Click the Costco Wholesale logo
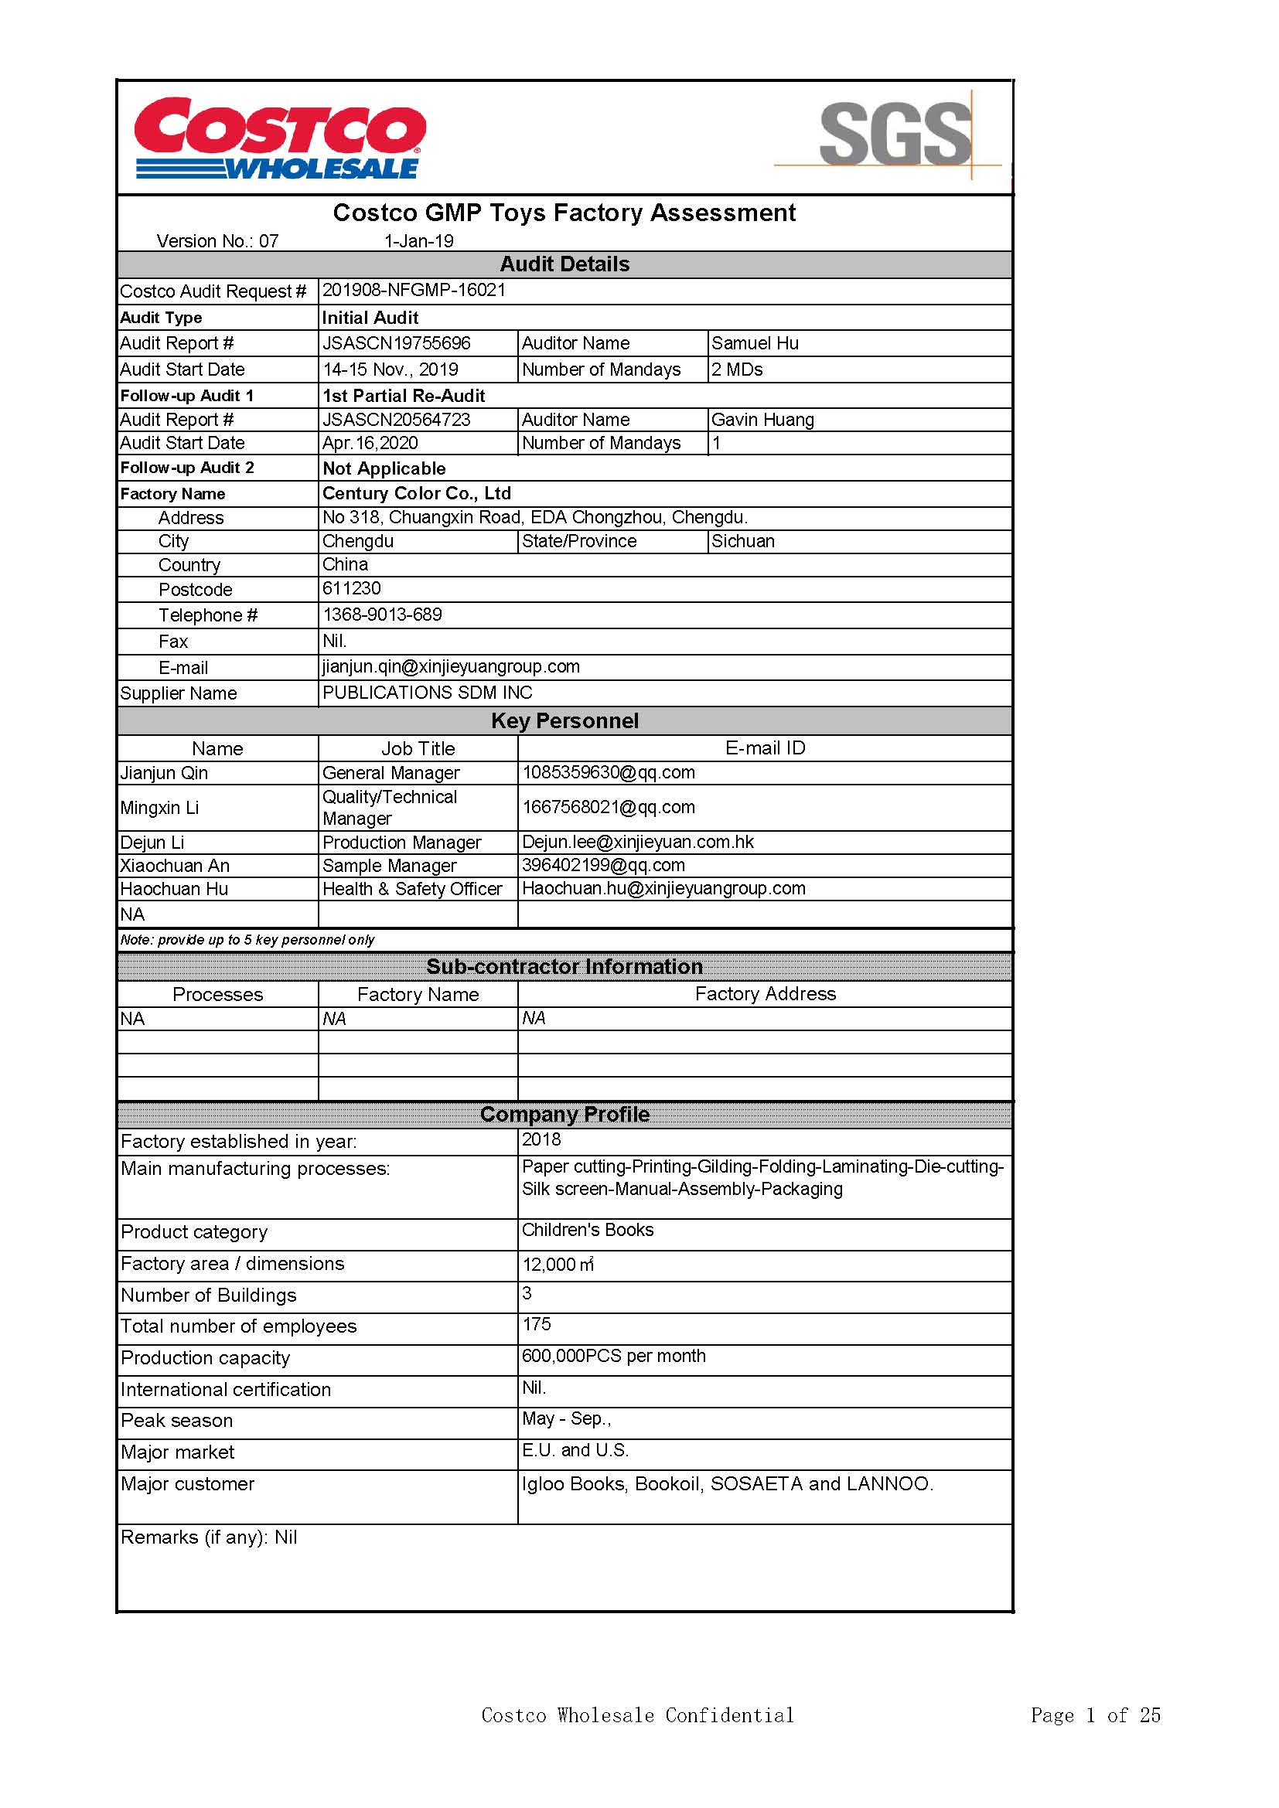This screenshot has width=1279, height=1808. point(280,138)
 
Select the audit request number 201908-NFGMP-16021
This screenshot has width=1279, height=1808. point(414,290)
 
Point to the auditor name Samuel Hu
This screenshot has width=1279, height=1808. point(755,343)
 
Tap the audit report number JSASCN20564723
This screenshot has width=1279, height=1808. point(396,420)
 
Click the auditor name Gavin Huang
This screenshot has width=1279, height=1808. point(762,420)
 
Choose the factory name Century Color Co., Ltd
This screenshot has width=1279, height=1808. point(417,494)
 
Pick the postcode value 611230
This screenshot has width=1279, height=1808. point(351,588)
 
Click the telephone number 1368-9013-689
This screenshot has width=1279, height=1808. point(382,615)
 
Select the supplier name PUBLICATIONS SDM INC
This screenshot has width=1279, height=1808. point(427,693)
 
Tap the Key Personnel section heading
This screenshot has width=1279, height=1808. point(564,720)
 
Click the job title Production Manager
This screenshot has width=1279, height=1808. point(401,843)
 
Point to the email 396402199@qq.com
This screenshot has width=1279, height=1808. point(603,866)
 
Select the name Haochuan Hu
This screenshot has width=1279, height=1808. point(174,889)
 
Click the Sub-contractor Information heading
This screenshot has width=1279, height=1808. point(564,967)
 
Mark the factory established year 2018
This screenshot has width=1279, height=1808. point(542,1139)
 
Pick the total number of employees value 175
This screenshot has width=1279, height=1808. point(537,1325)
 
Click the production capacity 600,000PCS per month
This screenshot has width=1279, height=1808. point(613,1356)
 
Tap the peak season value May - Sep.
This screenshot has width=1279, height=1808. point(566,1419)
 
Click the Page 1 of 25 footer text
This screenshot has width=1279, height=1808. point(1096,1715)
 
